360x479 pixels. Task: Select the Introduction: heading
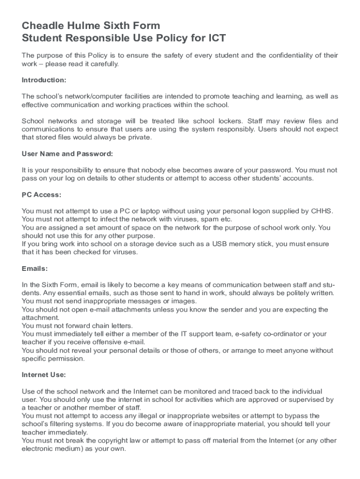click(x=44, y=80)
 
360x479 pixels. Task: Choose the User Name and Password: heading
click(x=67, y=154)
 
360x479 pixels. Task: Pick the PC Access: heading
click(x=42, y=195)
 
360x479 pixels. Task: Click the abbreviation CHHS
click(x=322, y=211)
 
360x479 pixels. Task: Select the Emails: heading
click(x=35, y=269)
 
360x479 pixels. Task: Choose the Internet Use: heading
click(x=44, y=375)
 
